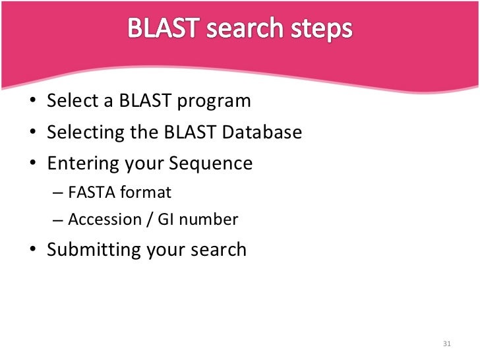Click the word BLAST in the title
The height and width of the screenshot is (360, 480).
coord(160,30)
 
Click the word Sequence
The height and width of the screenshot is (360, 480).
coord(215,164)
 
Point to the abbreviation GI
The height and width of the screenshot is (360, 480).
coord(164,220)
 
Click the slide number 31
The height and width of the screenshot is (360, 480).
coord(446,344)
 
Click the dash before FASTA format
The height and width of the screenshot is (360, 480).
coord(57,193)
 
